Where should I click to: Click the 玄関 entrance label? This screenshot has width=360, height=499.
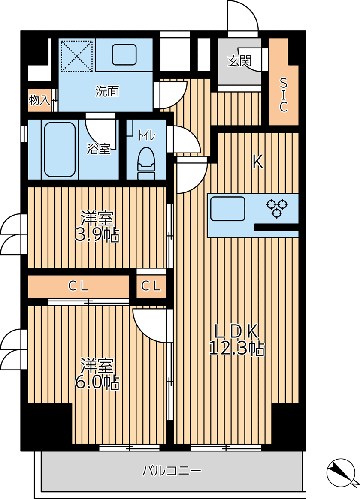(x=239, y=61)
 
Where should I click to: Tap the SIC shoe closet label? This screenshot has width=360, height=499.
(x=284, y=95)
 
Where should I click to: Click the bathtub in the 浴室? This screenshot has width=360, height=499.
(x=60, y=149)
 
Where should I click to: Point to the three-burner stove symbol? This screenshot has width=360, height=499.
(x=277, y=208)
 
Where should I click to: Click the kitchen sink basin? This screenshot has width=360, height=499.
(x=227, y=208)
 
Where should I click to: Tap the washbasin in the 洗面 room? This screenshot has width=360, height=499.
(x=124, y=54)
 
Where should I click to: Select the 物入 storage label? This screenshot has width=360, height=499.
(x=39, y=100)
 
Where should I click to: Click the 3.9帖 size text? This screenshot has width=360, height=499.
(x=97, y=236)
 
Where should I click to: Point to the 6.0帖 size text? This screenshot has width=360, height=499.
(x=97, y=383)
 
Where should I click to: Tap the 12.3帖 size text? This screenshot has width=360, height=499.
(x=237, y=349)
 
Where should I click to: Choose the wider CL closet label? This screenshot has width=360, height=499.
(x=78, y=286)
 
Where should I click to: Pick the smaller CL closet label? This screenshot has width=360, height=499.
(x=151, y=286)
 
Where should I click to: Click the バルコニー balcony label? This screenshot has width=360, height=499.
(x=171, y=470)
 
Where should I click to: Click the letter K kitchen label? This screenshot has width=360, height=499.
(x=258, y=162)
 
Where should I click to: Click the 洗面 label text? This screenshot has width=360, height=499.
(x=107, y=91)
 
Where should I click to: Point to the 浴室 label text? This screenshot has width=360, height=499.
(x=99, y=149)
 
